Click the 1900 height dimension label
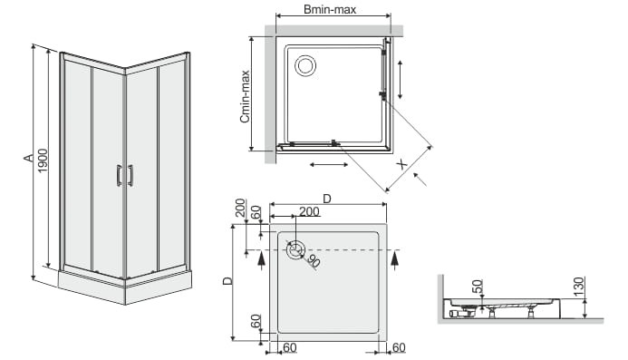click(x=43, y=161)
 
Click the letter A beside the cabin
click(x=28, y=158)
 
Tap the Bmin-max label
click(x=330, y=9)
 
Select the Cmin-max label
click(x=245, y=96)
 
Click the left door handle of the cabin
click(x=119, y=176)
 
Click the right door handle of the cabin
click(x=130, y=176)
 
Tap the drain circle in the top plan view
click(x=305, y=65)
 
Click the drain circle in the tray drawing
click(x=295, y=249)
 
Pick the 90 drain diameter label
click(x=314, y=261)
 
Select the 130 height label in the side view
click(x=579, y=287)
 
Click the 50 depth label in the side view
click(x=478, y=287)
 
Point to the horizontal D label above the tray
click(x=327, y=199)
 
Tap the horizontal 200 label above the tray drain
click(x=310, y=211)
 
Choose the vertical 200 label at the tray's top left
click(x=240, y=208)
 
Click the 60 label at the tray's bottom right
click(x=399, y=347)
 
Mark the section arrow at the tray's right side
click(x=395, y=258)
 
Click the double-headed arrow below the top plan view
click(x=329, y=164)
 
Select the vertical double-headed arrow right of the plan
click(x=400, y=80)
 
